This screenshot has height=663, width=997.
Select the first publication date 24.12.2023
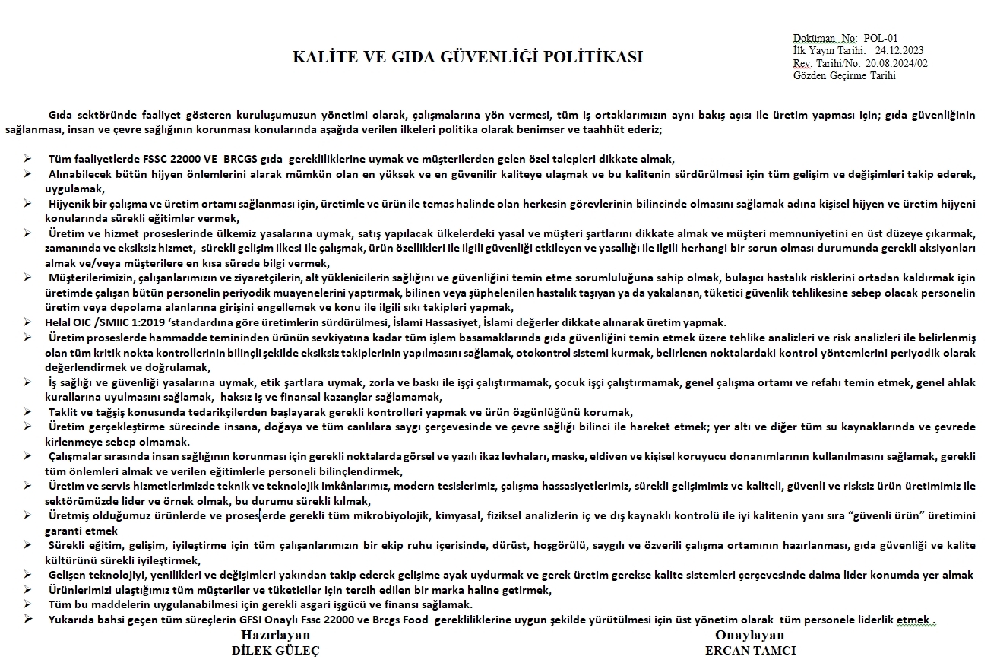tap(900, 50)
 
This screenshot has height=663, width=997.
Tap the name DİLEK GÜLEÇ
tap(276, 650)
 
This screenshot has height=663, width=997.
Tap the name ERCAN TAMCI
tap(750, 650)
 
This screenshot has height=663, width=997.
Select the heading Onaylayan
tap(750, 636)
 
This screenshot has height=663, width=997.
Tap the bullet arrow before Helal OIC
tap(27, 322)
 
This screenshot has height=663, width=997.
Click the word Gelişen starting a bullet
tap(68, 575)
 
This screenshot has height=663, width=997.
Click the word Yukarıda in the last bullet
tap(71, 620)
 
